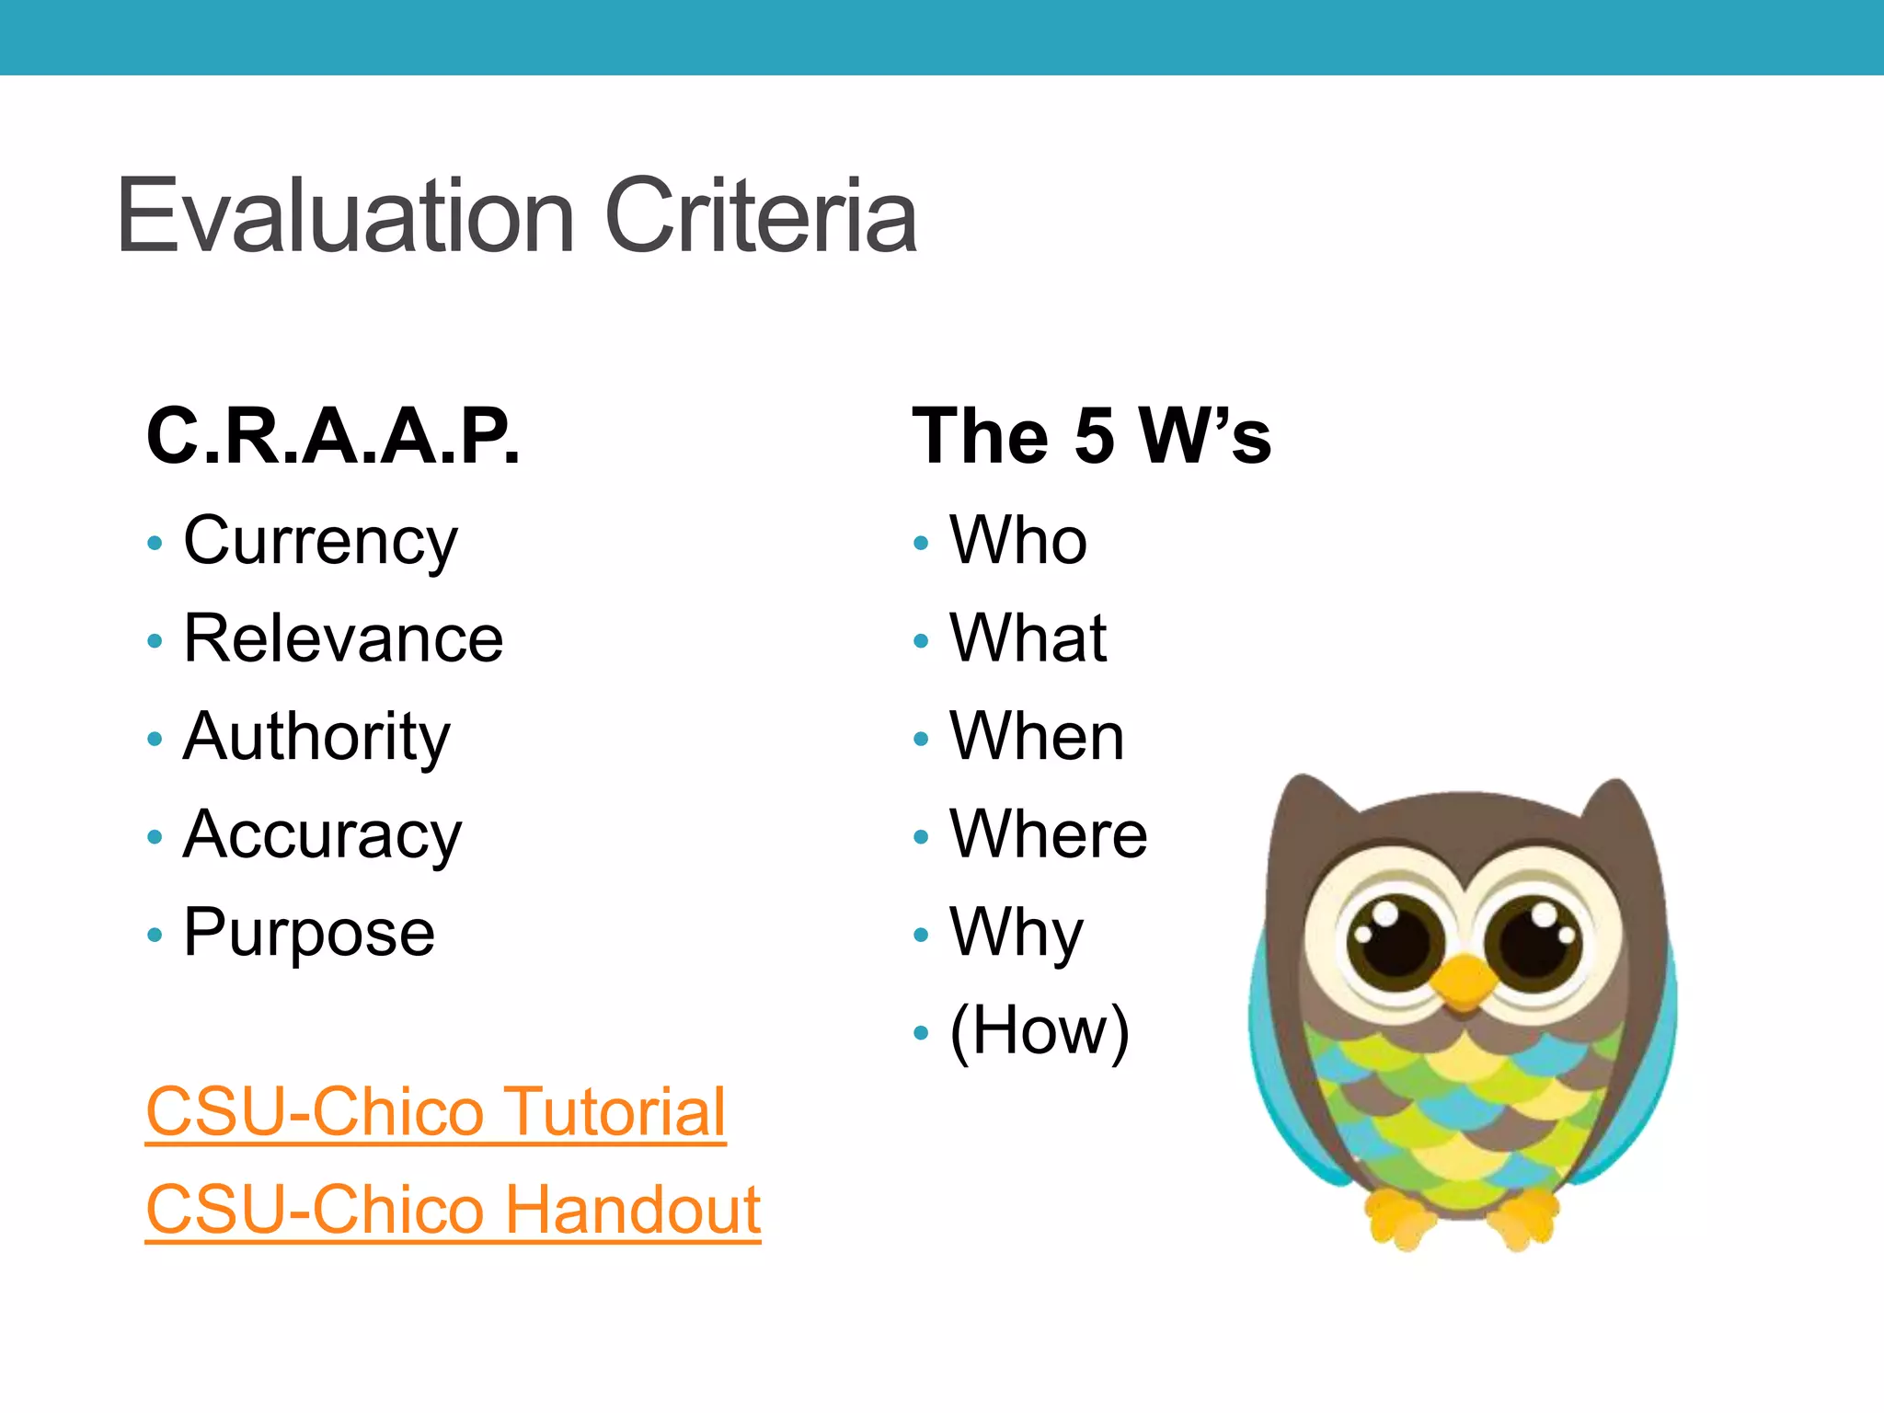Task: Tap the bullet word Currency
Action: (320, 542)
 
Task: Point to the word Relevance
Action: (343, 638)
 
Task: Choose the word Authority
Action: (316, 737)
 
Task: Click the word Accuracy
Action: (322, 835)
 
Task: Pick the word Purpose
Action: (309, 934)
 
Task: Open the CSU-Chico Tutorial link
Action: (436, 1111)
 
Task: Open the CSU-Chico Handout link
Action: (453, 1210)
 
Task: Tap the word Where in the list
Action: (1049, 834)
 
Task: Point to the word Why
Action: (1017, 934)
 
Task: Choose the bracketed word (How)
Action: (1040, 1030)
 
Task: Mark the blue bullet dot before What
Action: (921, 640)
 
